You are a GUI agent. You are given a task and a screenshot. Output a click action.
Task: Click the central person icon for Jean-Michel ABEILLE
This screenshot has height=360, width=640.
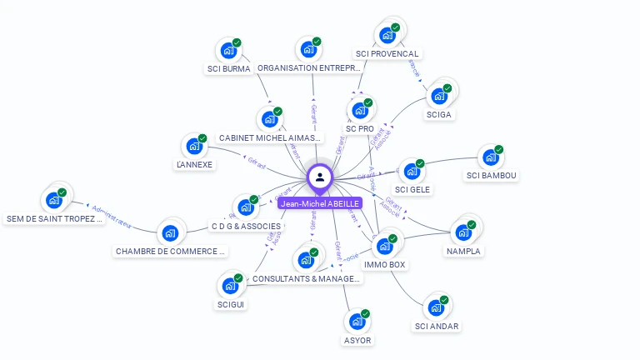pos(320,177)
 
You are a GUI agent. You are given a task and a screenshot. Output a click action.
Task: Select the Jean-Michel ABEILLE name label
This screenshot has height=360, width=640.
pos(320,203)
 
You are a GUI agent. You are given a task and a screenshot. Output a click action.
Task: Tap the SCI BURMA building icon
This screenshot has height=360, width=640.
pos(227,50)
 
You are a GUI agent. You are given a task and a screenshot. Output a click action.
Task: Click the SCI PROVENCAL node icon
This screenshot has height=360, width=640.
pos(387,35)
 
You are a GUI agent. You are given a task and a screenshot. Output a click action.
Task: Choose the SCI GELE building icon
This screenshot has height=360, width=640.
pos(411,172)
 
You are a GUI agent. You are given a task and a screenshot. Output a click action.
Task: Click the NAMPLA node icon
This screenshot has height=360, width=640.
pos(462,232)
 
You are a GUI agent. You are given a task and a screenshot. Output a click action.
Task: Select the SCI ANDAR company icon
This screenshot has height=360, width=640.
pos(436,307)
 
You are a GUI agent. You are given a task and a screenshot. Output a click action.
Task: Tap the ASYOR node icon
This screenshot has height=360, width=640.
pos(357,322)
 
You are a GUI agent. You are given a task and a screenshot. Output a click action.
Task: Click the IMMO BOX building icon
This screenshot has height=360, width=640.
pos(384,247)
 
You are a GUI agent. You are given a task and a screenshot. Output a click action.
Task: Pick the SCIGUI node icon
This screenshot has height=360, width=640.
pos(230,286)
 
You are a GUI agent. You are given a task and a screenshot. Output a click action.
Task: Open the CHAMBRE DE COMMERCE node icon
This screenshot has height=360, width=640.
pos(170,232)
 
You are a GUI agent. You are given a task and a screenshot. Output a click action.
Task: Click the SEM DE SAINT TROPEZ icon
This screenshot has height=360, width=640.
pos(54,201)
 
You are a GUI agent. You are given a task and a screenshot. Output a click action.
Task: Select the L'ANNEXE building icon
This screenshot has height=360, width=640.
pos(194,147)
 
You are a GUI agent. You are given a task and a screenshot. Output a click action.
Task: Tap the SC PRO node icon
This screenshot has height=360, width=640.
pos(360,110)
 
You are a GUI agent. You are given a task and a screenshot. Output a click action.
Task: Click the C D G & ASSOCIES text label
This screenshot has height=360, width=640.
pos(247,226)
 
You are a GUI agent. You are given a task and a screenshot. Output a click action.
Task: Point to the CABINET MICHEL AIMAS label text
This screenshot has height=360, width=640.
pos(269,137)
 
